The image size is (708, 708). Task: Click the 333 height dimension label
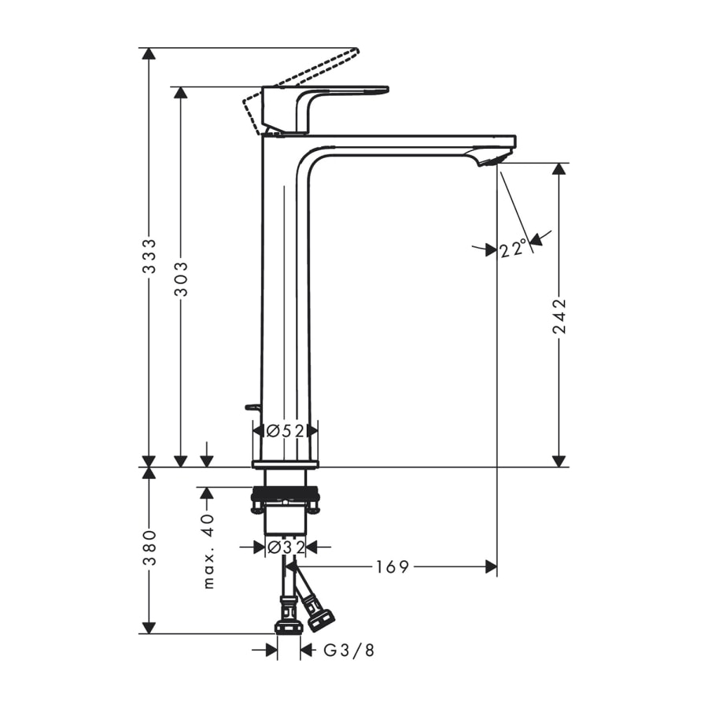[149, 256]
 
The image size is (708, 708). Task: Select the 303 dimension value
[181, 279]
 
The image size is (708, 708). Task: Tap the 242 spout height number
[559, 315]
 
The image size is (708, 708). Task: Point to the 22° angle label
[514, 249]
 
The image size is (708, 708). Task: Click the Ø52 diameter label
[286, 431]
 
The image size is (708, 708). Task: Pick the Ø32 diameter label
[286, 548]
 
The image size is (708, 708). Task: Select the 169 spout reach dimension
[393, 566]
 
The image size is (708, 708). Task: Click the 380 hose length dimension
[149, 548]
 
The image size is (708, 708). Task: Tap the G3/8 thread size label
[349, 651]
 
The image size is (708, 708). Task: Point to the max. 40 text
[208, 551]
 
